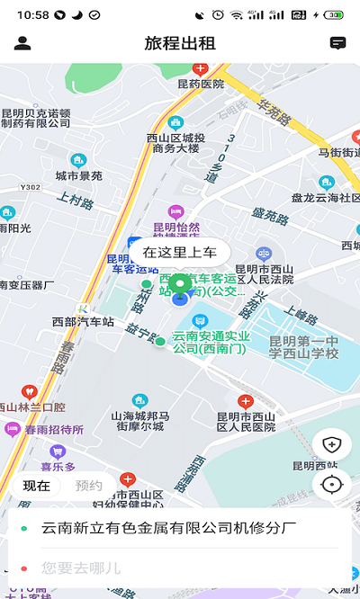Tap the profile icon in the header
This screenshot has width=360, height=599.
[x=22, y=42]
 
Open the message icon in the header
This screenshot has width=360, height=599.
[x=337, y=42]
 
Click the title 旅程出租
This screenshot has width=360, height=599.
[x=180, y=42]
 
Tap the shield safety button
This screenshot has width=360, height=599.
[x=332, y=443]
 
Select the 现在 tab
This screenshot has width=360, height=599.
[x=37, y=486]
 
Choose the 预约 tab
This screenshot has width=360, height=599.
[x=88, y=486]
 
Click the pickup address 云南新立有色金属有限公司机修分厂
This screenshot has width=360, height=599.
[x=168, y=527]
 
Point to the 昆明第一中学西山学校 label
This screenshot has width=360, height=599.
[x=304, y=346]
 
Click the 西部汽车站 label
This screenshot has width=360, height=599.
[x=83, y=321]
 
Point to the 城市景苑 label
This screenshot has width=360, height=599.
[x=78, y=175]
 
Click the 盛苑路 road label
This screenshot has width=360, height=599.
[x=269, y=214]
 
